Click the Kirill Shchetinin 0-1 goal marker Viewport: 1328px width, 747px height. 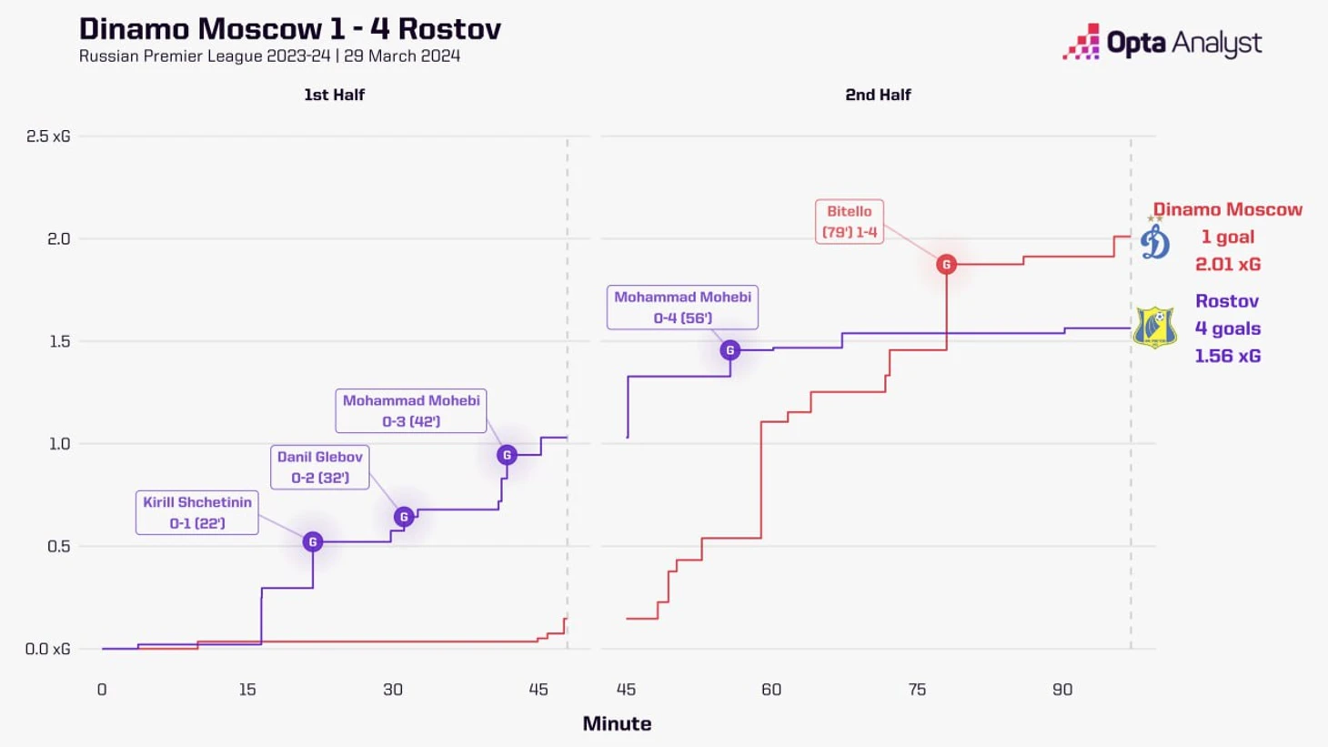313,542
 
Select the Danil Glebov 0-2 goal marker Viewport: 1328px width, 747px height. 404,517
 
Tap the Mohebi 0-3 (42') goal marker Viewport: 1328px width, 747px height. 507,455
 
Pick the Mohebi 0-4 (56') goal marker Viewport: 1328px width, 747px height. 729,350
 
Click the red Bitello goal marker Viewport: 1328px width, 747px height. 946,265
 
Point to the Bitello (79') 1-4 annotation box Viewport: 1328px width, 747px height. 850,221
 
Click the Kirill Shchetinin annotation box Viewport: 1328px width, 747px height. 197,512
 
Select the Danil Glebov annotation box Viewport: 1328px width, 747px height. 320,467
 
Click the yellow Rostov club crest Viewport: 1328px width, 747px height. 1154,328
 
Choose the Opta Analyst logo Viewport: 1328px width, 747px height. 1162,42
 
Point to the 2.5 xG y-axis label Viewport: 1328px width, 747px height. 48,136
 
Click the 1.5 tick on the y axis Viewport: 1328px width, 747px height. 59,341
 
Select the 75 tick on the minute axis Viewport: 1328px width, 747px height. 917,690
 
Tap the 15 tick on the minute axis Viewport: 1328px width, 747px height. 247,690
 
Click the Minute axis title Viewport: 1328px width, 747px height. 617,723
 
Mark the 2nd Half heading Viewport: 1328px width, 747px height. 878,95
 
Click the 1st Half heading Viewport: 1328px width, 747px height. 334,95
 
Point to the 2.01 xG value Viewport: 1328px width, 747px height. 1228,264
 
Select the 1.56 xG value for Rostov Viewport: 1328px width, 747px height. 1228,356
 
